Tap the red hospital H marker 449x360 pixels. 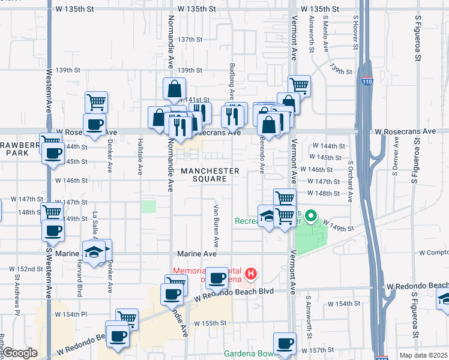click(252, 275)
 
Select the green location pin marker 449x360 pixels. click(311, 216)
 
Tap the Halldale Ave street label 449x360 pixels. click(139, 163)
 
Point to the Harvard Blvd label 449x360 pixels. click(79, 282)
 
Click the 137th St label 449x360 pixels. click(190, 40)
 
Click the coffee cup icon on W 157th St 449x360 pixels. click(285, 344)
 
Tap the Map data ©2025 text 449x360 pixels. click(423, 355)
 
